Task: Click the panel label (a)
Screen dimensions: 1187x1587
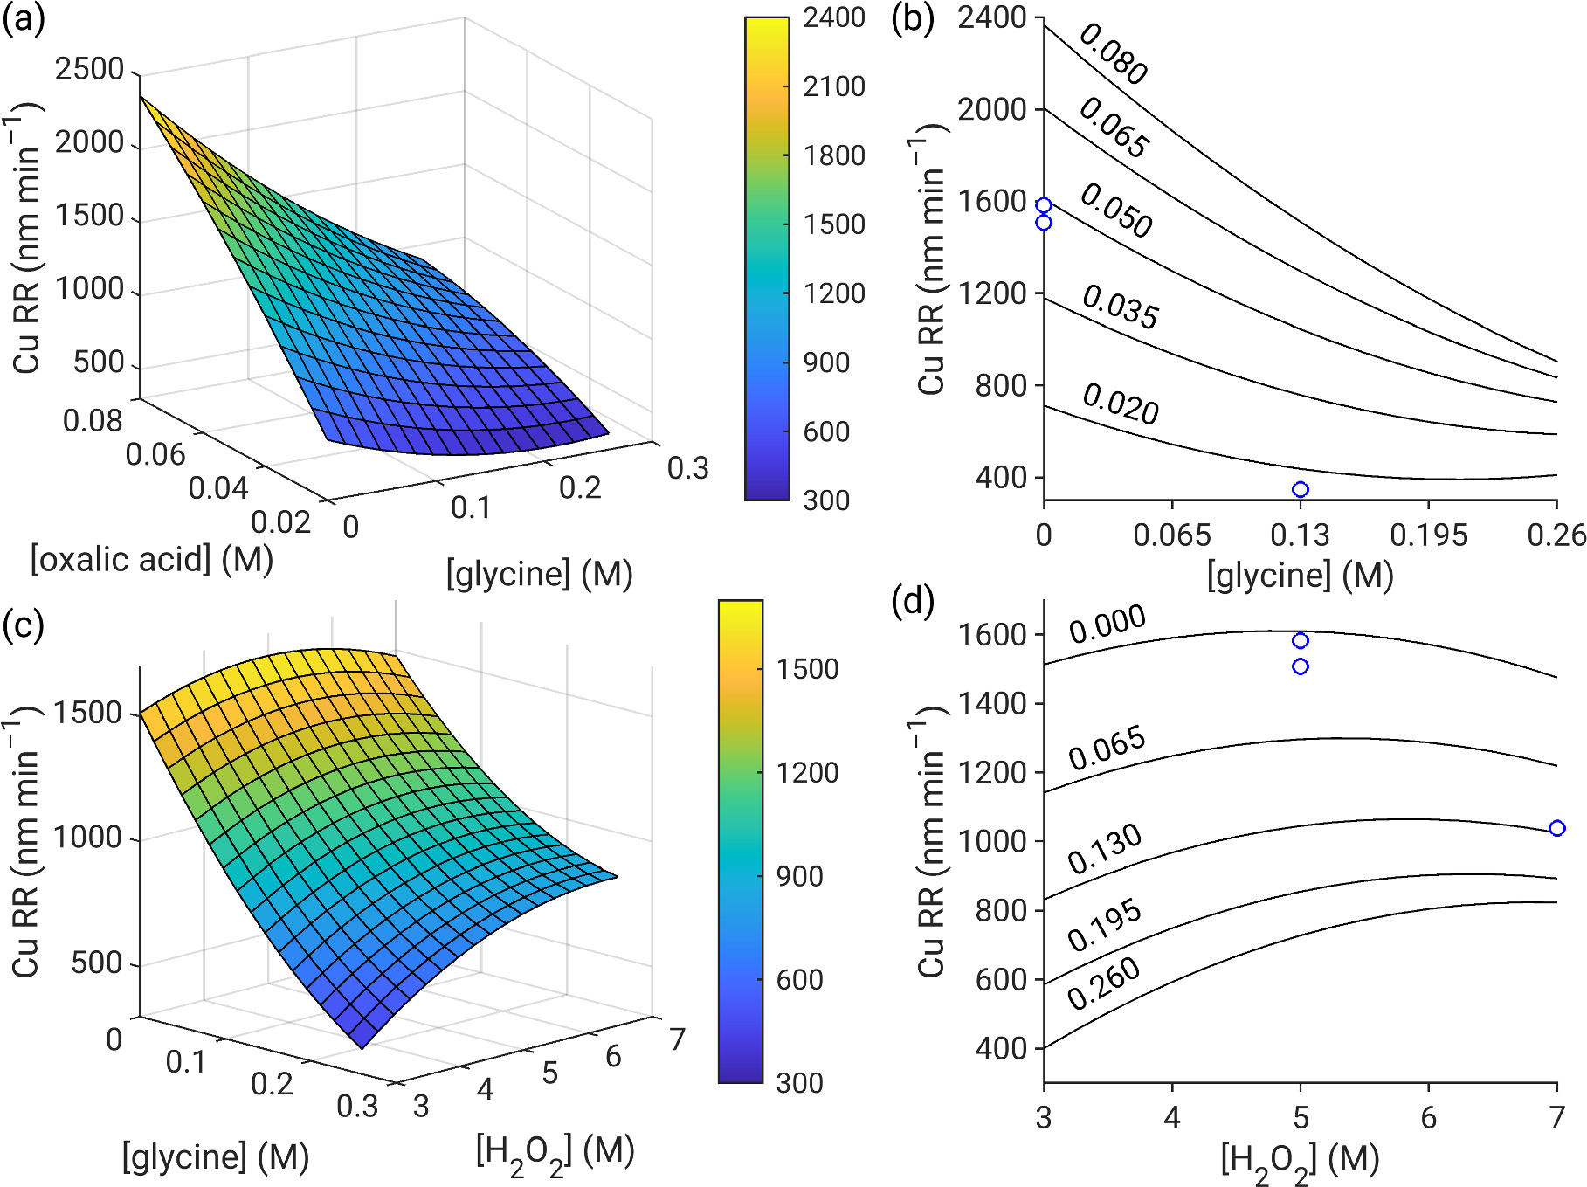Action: point(24,19)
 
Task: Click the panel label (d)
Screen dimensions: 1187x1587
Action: point(913,601)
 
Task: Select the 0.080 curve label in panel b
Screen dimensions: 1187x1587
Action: point(1114,54)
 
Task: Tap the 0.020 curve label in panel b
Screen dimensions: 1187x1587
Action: point(1121,404)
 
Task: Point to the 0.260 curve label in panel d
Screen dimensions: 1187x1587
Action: point(1104,983)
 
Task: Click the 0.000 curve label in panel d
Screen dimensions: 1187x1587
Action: point(1107,624)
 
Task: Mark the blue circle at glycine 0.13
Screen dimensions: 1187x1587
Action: point(1301,489)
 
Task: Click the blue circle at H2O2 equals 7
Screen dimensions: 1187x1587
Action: point(1556,828)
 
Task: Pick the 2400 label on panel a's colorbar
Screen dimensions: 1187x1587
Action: point(834,17)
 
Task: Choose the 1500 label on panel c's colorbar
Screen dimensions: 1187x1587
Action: point(808,669)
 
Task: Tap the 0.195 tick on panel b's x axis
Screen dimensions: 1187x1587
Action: point(1429,535)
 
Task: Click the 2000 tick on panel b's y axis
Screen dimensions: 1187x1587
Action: point(992,110)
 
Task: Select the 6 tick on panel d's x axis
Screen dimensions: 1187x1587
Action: point(1429,1117)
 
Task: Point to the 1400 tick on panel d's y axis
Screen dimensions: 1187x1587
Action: point(992,703)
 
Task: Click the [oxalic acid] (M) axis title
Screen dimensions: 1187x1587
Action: point(152,559)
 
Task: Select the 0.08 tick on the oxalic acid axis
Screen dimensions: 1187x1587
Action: point(93,421)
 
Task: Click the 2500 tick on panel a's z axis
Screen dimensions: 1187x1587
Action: point(89,69)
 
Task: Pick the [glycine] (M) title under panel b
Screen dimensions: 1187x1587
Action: point(1300,575)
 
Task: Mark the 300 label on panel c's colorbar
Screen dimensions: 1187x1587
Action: point(799,1083)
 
